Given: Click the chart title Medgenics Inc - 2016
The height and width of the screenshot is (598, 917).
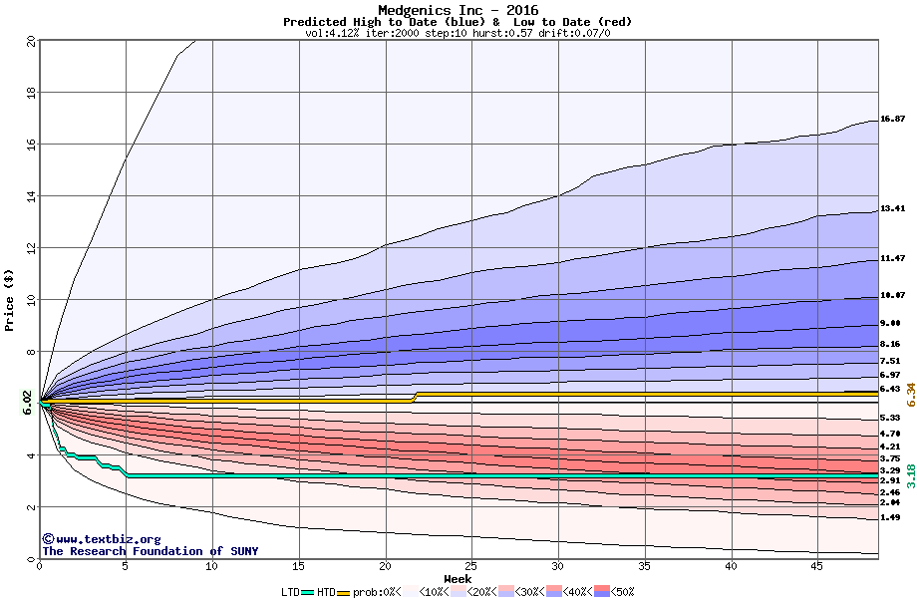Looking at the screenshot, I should coord(458,11).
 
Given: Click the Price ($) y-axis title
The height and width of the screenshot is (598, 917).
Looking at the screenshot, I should coord(9,300).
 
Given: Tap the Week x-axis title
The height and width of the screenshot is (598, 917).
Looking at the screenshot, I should coord(458,579).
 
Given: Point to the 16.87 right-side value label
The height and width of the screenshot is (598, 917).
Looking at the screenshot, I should coord(892,119).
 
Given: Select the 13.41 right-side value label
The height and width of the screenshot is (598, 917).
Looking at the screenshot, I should coord(892,209).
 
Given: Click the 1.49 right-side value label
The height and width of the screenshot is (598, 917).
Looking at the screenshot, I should coord(890,518).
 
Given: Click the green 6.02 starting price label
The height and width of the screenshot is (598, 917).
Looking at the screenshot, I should coord(27,402).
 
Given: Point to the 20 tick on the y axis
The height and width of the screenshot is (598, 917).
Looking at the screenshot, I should coord(30,41).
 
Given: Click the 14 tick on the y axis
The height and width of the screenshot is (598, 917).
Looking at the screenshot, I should coord(30,196).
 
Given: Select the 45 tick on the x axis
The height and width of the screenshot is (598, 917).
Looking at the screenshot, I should coord(816,567).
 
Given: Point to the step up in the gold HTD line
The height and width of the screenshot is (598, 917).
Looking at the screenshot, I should coord(415,397).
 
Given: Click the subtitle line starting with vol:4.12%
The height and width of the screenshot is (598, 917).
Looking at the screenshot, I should coord(458,33).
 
